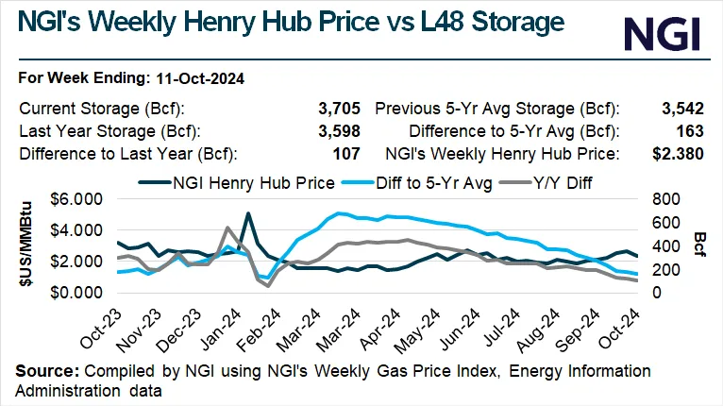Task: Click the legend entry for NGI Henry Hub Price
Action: (237, 180)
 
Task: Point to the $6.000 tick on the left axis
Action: (76, 199)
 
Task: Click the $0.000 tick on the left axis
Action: (76, 293)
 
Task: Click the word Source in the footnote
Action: (43, 371)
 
